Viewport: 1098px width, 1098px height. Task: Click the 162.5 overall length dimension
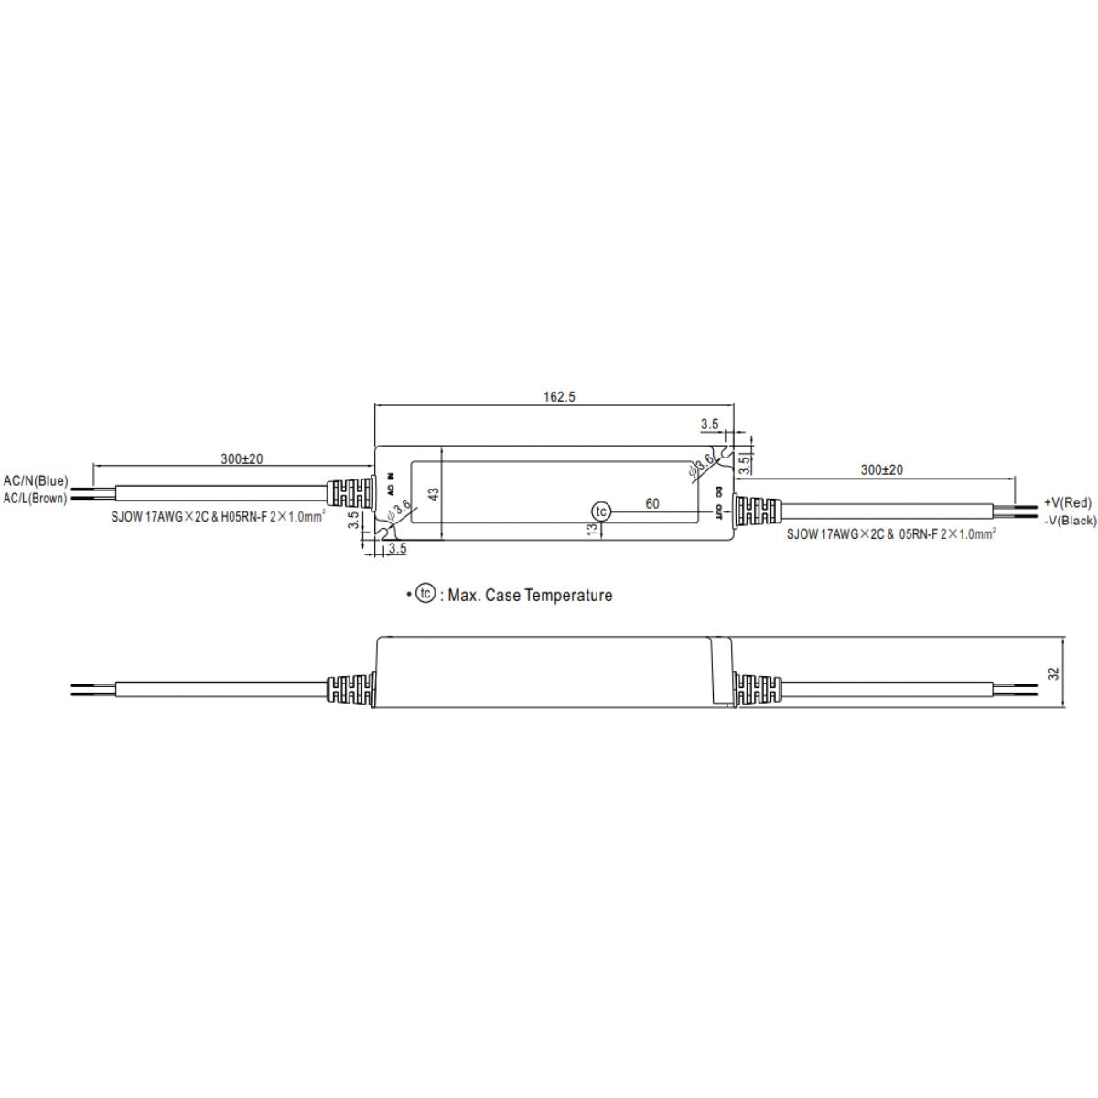(555, 397)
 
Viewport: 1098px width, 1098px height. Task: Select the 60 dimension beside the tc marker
(652, 503)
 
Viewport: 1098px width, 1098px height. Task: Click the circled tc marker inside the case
(600, 511)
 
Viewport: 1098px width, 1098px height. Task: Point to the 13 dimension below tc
(592, 530)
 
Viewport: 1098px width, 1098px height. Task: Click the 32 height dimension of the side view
(1053, 673)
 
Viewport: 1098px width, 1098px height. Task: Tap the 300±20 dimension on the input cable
(242, 458)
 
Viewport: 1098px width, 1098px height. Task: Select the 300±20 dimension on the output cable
(882, 469)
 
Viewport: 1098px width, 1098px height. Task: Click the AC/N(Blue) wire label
(36, 480)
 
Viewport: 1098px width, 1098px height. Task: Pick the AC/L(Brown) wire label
(36, 499)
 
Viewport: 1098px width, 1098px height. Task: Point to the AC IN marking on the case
(391, 483)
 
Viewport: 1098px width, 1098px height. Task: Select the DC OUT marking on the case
(720, 504)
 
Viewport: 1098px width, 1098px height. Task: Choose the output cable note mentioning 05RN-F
(890, 533)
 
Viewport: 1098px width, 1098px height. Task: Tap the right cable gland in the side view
(759, 689)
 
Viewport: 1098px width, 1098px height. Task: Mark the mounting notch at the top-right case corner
(726, 452)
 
